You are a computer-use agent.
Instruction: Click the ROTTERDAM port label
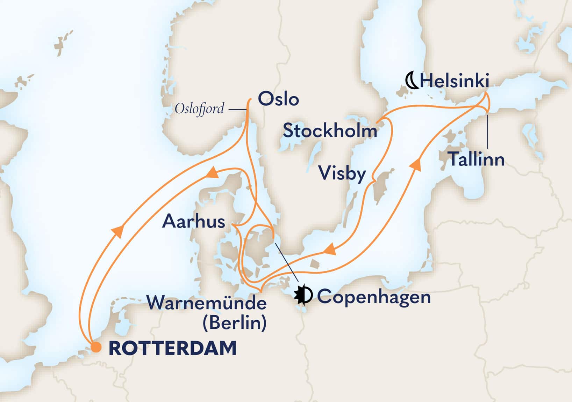pos(173,348)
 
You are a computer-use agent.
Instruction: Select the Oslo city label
pos(278,99)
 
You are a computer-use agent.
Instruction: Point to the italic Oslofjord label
pos(199,109)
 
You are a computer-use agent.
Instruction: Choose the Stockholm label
pos(330,131)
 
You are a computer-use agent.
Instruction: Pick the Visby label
pos(342,173)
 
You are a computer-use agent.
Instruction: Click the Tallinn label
pos(476,159)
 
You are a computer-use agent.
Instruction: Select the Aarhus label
pos(193,221)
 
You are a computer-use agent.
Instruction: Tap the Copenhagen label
pos(374,297)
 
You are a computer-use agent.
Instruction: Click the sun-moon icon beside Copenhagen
pos(303,295)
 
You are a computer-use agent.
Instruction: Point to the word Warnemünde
pos(207,303)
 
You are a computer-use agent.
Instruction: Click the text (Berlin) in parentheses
pos(235,323)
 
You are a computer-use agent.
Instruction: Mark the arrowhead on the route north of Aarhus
pos(212,173)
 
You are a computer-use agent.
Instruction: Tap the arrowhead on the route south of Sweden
pos(329,250)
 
